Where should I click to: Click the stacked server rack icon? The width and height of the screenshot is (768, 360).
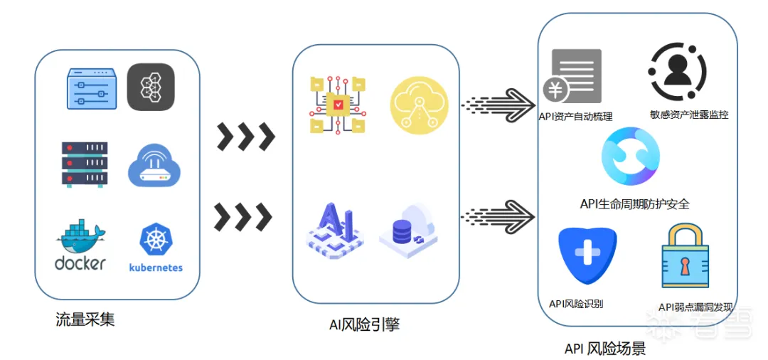(85, 164)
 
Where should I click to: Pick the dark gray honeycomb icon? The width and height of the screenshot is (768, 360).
(151, 87)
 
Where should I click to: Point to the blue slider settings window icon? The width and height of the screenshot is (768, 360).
(92, 89)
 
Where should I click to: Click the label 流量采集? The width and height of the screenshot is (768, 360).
(85, 319)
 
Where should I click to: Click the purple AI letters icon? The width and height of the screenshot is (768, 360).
(335, 228)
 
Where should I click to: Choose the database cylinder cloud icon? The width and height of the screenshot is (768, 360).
(410, 229)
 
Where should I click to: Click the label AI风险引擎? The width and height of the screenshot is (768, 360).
(364, 325)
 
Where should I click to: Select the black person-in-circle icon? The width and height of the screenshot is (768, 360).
(678, 71)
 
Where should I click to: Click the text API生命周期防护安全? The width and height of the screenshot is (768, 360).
(634, 205)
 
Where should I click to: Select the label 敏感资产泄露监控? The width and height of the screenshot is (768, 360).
(688, 115)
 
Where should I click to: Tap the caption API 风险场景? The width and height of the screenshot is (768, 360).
(604, 349)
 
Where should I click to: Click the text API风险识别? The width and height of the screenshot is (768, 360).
(576, 304)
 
